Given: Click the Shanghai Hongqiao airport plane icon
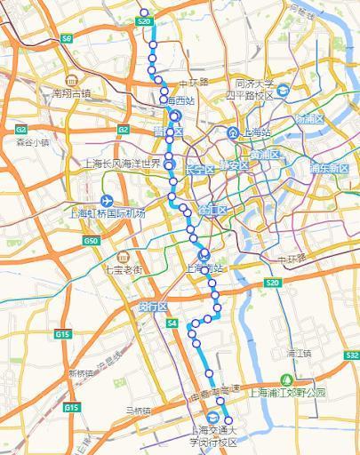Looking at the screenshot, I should [108, 200].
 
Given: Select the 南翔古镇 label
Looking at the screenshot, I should [72, 92].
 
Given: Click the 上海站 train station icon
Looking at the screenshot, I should [232, 133].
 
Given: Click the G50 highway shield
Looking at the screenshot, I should [90, 241].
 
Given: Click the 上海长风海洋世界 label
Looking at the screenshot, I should [121, 164].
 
